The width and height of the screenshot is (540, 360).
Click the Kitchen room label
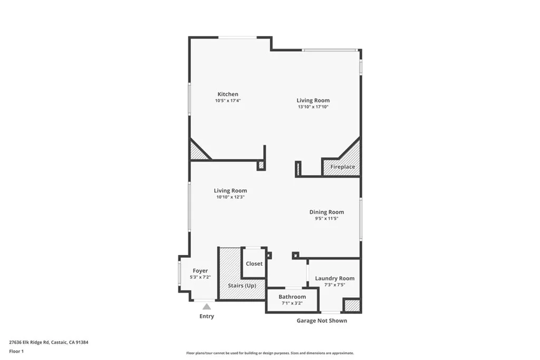point(228,94)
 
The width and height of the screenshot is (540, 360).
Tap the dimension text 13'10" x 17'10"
point(313,107)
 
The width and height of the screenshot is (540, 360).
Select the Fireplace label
point(342,167)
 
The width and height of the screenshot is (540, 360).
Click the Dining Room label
point(326,212)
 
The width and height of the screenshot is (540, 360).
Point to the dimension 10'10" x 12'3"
point(230,197)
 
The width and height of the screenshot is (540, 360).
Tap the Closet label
point(254,264)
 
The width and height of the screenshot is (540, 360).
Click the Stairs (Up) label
point(242,285)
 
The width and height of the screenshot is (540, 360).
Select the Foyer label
point(200,271)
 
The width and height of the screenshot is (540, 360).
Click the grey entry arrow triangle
point(207,306)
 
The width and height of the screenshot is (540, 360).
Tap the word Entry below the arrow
point(207,316)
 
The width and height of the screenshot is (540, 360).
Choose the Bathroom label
point(292,297)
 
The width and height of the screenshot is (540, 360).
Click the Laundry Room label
point(335,278)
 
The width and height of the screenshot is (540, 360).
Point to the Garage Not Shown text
point(322,320)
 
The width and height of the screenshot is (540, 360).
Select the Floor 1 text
point(16,351)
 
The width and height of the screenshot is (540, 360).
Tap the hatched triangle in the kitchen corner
point(197,152)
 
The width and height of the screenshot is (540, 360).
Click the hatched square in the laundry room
point(352,305)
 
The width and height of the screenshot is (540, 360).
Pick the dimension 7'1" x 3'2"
point(292,303)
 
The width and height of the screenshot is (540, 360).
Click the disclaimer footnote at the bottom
point(270,353)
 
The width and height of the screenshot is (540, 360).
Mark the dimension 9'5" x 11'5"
point(326,218)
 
